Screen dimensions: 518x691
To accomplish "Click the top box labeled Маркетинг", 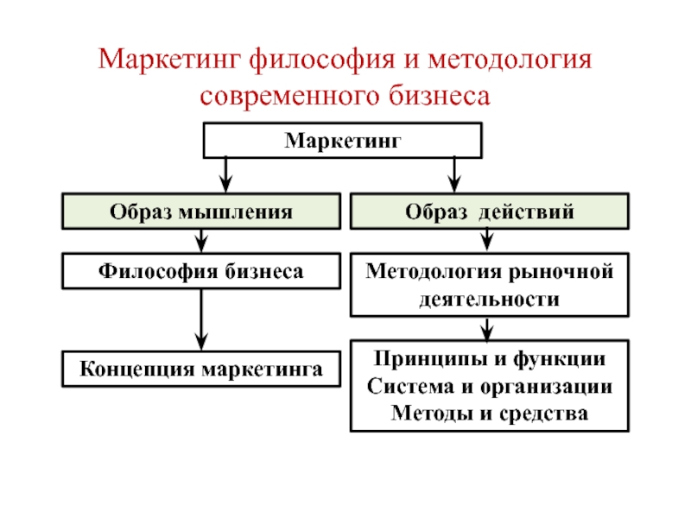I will click(x=343, y=140).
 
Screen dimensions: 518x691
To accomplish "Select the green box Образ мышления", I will click(x=200, y=212).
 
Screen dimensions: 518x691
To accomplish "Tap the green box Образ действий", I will click(x=489, y=212).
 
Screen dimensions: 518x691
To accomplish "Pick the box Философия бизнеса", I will click(x=200, y=271).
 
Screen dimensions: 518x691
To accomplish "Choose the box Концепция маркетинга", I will click(x=200, y=368).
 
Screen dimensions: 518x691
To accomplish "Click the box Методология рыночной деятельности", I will click(x=489, y=285).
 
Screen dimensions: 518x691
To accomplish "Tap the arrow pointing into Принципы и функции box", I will click(x=488, y=329).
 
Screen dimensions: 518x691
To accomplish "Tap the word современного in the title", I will click(x=285, y=95).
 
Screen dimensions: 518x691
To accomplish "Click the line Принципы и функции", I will click(x=489, y=358).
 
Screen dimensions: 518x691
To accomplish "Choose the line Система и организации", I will click(x=489, y=386).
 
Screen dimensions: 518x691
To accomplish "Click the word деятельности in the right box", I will click(x=489, y=300).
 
